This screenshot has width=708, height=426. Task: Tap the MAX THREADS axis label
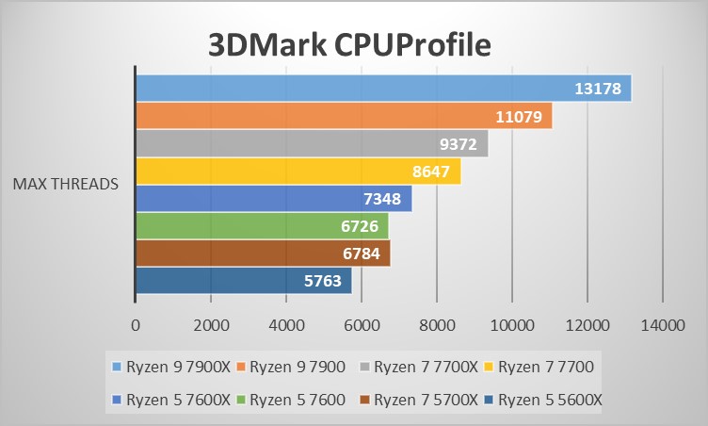pyautogui.click(x=65, y=184)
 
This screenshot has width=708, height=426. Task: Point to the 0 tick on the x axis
pyautogui.click(x=136, y=325)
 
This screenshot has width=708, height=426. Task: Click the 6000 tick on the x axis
pyautogui.click(x=362, y=325)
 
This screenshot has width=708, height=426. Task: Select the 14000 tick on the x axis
pyautogui.click(x=662, y=325)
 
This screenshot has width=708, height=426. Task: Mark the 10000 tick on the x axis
pyautogui.click(x=511, y=325)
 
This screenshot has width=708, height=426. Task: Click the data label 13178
pyautogui.click(x=597, y=90)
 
